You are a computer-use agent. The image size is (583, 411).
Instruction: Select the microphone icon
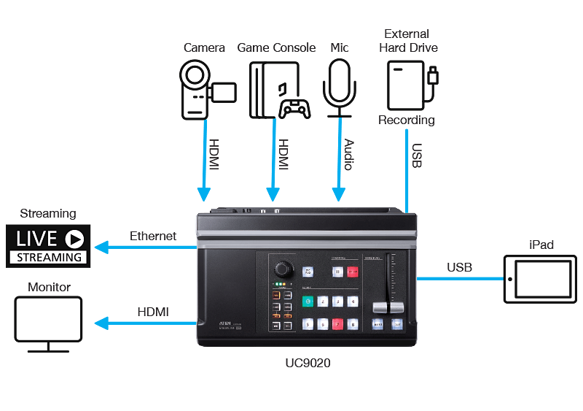[340, 88]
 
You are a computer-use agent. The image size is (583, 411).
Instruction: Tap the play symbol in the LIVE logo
[74, 239]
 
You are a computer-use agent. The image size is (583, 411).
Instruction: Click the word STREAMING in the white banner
[49, 257]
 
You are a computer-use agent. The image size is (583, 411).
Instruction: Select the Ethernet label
[152, 237]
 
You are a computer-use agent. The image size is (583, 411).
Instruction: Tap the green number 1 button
[308, 301]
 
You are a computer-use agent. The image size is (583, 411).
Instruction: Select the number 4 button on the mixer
[353, 301]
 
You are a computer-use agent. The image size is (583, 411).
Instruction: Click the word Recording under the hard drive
[406, 120]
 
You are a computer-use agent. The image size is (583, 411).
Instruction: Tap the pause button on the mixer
[338, 272]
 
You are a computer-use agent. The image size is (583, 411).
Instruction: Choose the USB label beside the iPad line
[459, 268]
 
